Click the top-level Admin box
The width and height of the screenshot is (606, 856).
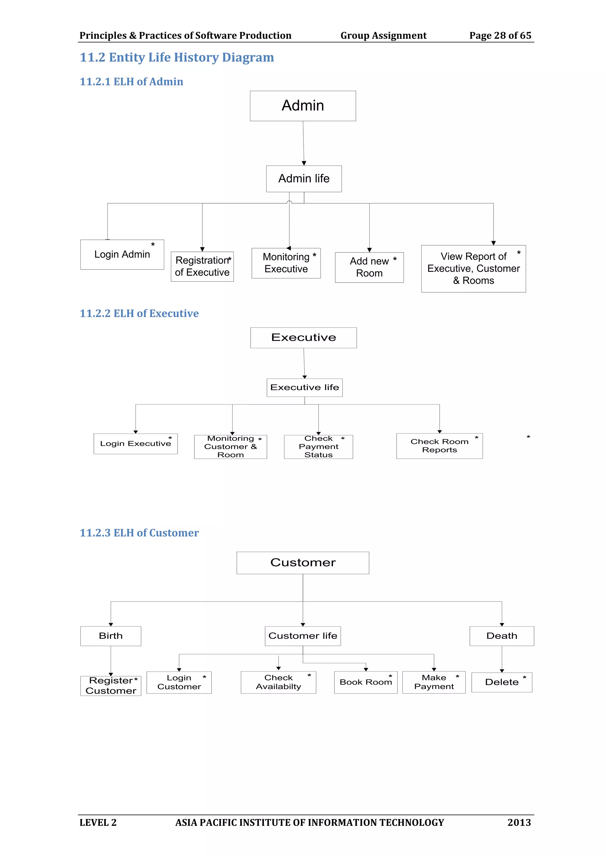coord(303,106)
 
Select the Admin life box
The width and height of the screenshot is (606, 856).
coord(304,179)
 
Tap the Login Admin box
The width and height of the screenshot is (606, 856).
coord(122,254)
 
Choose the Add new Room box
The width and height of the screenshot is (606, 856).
coord(369,267)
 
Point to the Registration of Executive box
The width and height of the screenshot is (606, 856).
coord(202,267)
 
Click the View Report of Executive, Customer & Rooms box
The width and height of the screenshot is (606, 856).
coord(473,269)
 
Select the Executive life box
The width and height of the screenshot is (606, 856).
coord(304,388)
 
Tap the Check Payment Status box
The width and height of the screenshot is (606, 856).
coord(318,447)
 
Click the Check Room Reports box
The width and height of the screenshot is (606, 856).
coord(439,446)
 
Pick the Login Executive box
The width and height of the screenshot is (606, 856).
coord(136,444)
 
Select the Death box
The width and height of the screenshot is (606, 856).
coord(502,636)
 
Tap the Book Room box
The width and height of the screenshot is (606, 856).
coord(366,682)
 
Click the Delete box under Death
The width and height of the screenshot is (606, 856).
coord(502,682)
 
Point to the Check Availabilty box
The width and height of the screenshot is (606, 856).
coord(278,682)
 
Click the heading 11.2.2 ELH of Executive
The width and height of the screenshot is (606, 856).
coord(139,314)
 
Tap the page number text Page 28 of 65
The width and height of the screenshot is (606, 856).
coord(500,35)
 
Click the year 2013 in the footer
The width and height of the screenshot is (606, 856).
coord(519,822)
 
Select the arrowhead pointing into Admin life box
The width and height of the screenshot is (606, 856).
coord(304,163)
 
